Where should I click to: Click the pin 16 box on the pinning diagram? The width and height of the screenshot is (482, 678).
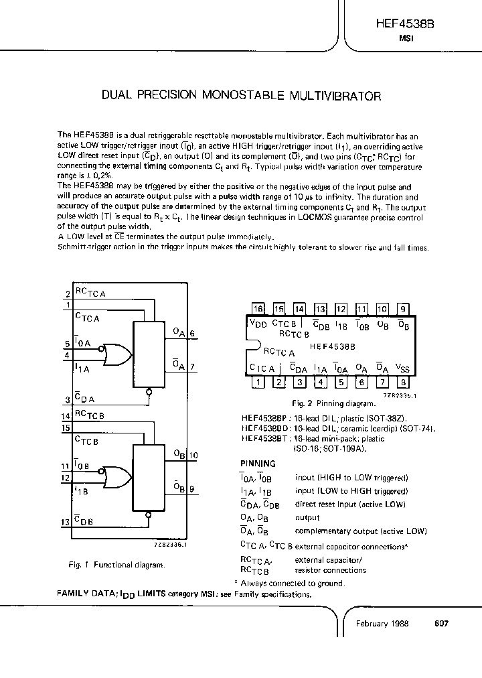(258, 309)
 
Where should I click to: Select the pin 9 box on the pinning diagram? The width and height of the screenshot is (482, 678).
(403, 309)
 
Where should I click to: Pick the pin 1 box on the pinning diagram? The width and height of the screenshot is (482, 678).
(258, 383)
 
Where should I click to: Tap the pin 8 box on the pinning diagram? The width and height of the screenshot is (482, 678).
(403, 383)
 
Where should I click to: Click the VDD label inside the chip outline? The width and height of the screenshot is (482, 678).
(258, 324)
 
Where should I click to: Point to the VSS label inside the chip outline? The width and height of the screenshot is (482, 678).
(402, 368)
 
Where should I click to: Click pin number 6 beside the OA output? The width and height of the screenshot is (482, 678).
(192, 333)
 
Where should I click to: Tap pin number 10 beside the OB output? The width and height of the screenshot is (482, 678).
(193, 456)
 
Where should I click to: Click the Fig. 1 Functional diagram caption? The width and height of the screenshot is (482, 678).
(116, 565)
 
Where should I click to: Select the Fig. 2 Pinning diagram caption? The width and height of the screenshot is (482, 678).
(335, 403)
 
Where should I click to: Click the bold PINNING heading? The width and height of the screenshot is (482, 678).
(258, 464)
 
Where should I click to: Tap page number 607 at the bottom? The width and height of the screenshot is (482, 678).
(441, 623)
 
